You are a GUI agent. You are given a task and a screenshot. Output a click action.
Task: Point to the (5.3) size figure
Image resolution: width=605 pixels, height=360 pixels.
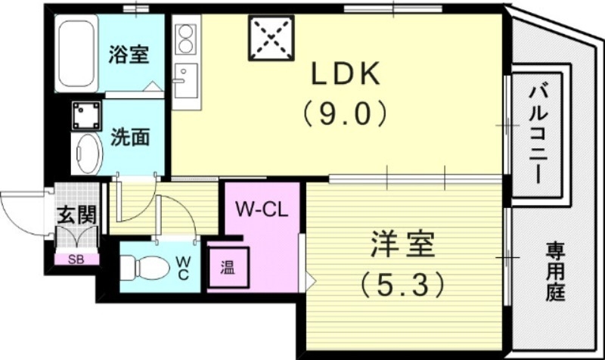(402, 285)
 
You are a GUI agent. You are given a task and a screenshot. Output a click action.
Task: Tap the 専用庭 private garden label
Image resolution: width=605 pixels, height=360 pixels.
(556, 271)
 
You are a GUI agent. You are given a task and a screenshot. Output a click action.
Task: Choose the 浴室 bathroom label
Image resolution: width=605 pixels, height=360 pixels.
(128, 54)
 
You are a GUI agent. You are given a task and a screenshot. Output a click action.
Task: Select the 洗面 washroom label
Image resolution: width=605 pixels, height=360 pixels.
(129, 137)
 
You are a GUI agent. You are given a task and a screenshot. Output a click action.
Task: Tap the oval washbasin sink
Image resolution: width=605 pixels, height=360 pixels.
(86, 154)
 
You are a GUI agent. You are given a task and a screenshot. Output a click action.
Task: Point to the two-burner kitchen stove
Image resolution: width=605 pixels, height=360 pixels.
(185, 39)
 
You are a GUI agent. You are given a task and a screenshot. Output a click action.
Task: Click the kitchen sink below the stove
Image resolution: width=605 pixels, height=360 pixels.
(184, 77)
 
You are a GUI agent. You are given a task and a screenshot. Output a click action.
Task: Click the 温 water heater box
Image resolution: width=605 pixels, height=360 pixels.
(226, 268)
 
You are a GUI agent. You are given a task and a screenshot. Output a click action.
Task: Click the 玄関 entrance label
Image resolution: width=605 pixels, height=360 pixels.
(77, 214)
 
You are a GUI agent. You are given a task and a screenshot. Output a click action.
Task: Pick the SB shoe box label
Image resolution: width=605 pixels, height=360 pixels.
(76, 259)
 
